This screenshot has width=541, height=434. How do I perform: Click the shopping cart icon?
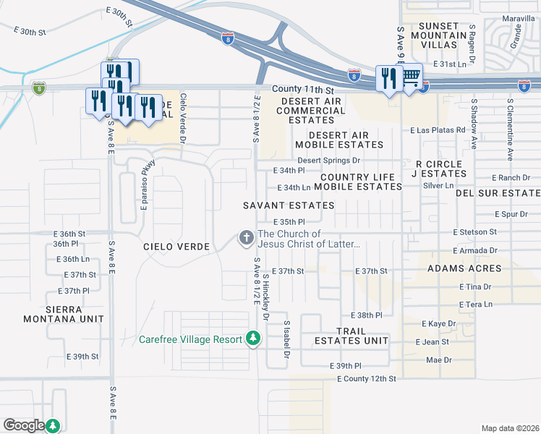point(411,76)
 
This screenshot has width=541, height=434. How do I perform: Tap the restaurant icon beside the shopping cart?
point(389,79)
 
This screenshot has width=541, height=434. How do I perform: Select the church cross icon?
point(246,237)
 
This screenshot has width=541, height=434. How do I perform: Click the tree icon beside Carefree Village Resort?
point(252,338)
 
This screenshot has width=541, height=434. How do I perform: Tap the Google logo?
point(24,425)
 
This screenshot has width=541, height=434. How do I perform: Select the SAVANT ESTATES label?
point(289,205)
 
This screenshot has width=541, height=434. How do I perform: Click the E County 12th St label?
point(366,379)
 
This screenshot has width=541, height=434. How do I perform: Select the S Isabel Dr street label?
point(286,340)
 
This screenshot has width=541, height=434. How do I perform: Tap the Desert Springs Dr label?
point(328,160)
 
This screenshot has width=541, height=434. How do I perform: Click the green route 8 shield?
point(38,88)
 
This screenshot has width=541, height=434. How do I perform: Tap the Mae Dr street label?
point(438,359)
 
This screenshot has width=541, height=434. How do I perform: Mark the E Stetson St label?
point(474,232)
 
